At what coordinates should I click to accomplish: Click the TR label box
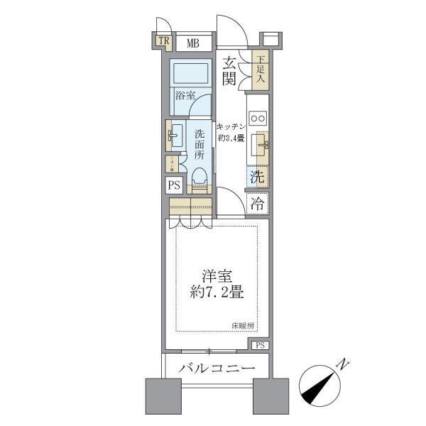[x=164, y=42]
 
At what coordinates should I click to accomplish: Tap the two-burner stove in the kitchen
[x=258, y=118]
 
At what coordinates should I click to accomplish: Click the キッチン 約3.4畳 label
[x=231, y=131]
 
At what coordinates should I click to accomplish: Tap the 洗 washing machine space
[x=258, y=175]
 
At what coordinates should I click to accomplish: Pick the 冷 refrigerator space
[x=258, y=204]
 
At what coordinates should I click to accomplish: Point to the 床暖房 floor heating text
[x=240, y=326]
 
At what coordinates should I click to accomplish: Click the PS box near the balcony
[x=261, y=346]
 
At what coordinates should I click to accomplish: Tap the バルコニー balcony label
[x=217, y=369]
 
